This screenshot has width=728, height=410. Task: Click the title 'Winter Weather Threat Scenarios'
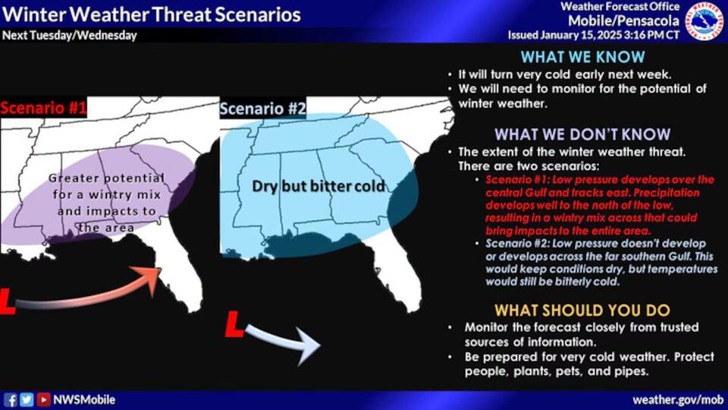pos(152,14)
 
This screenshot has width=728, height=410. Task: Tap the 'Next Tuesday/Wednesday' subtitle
pos(70,36)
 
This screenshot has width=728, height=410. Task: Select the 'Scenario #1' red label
pos(43,109)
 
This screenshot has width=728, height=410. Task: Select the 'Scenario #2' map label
pos(262,109)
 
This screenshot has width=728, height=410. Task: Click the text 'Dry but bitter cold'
pos(318,185)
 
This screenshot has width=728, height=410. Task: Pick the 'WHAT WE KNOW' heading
pos(582,57)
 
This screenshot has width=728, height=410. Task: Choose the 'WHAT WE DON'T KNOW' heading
pos(582,134)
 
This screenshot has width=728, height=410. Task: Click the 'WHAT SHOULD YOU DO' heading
pos(582,311)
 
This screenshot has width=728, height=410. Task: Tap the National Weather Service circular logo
pos(704,20)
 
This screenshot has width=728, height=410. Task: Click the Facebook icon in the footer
pos(11,399)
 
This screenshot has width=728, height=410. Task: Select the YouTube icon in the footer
pos(44,399)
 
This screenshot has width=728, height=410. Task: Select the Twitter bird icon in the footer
pos(27,399)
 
